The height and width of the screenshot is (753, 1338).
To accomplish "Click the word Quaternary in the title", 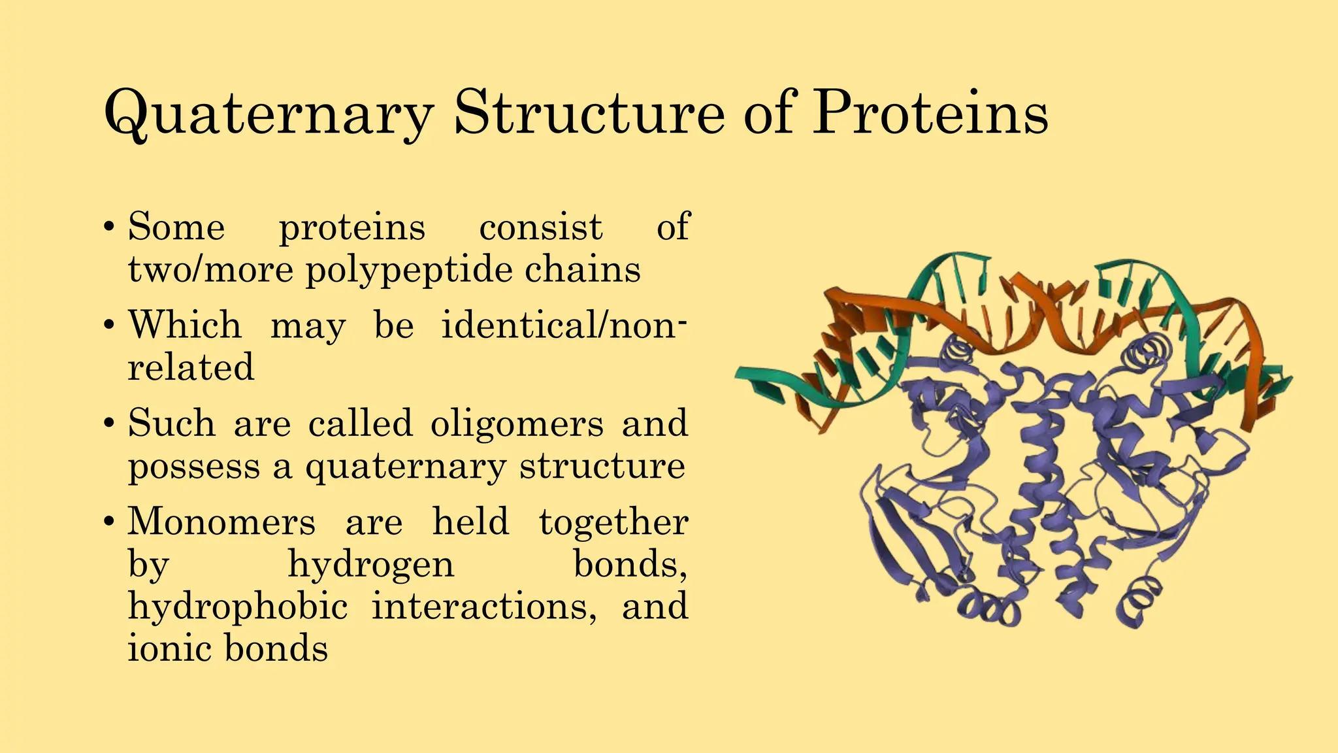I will pyautogui.click(x=268, y=114).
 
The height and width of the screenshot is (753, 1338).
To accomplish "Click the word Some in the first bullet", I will pyautogui.click(x=176, y=227).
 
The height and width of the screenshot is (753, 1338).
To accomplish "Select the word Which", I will pyautogui.click(x=185, y=325).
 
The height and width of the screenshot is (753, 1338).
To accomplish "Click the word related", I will pyautogui.click(x=191, y=367).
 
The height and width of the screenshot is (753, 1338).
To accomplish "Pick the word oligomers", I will pyautogui.click(x=517, y=424).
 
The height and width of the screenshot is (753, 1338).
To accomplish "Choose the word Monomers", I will pyautogui.click(x=221, y=522).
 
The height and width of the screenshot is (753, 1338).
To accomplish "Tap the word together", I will pyautogui.click(x=613, y=522).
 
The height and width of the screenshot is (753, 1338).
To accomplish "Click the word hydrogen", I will pyautogui.click(x=371, y=565).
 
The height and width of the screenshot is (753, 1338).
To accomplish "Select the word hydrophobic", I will pyautogui.click(x=238, y=607).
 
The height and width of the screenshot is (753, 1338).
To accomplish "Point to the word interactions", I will pyautogui.click(x=484, y=607).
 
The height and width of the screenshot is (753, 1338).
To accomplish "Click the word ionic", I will pyautogui.click(x=169, y=649).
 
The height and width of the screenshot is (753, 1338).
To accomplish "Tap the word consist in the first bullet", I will pyautogui.click(x=540, y=227).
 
